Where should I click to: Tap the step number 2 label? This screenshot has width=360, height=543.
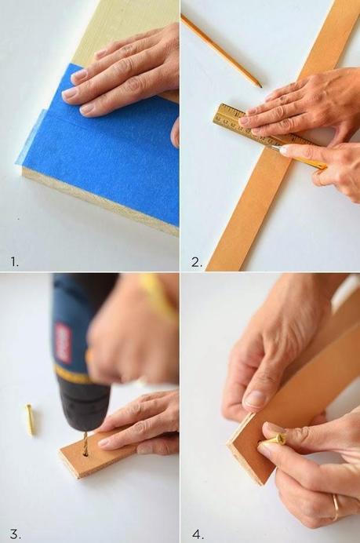point(196,261)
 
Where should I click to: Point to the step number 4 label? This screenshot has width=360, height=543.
point(197,534)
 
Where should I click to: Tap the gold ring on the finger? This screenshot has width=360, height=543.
point(336,507)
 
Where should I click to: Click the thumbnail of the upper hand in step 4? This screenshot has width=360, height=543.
point(256,399)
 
